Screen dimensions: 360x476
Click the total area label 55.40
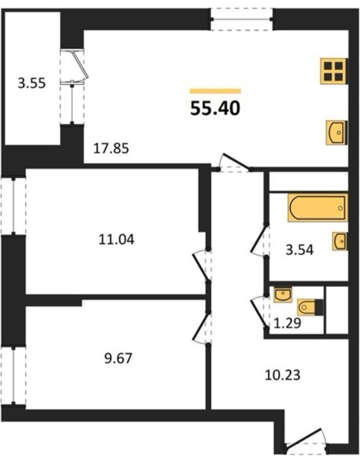pyautogui.click(x=215, y=109)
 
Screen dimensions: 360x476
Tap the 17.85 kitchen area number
pyautogui.click(x=111, y=149)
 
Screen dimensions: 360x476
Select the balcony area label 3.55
pyautogui.click(x=31, y=83)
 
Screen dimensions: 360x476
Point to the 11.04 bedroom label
pyautogui.click(x=116, y=239)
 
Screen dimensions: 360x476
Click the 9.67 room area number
pyautogui.click(x=118, y=358)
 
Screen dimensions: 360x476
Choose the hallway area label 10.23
pyautogui.click(x=282, y=375)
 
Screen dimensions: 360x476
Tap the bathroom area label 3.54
pyautogui.click(x=299, y=250)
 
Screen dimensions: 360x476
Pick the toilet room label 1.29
pyautogui.click(x=287, y=323)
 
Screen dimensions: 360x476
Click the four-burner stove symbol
pyautogui.click(x=333, y=71)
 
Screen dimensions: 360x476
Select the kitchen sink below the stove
pyautogui.click(x=337, y=133)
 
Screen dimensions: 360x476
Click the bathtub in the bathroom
pyautogui.click(x=318, y=207)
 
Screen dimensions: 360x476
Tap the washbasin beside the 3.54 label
pyautogui.click(x=340, y=241)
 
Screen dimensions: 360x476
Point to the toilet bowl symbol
pyautogui.click(x=310, y=307)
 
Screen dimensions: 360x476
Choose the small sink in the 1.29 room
pyautogui.click(x=283, y=294)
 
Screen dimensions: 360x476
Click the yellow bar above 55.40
pyautogui.click(x=215, y=91)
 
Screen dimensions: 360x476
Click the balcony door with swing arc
pyautogui.click(x=74, y=67)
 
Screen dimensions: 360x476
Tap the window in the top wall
pyautogui.click(x=242, y=20)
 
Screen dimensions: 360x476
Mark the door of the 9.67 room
pyautogui.click(x=202, y=328)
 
